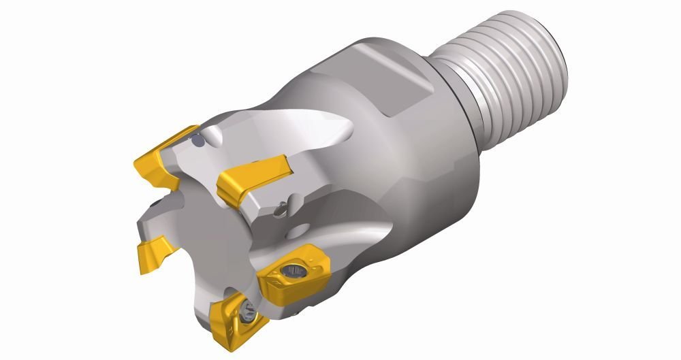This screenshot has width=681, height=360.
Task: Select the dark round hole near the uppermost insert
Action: tap(197, 141)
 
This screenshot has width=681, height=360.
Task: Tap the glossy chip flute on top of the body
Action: tap(320, 136)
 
